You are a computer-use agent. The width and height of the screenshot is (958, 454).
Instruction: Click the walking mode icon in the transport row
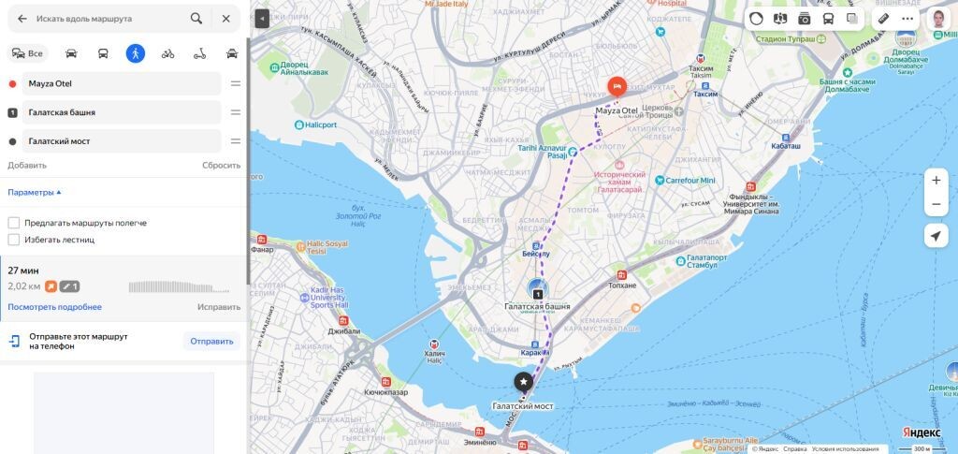[136, 53]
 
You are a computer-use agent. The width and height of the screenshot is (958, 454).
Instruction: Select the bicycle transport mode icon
[167, 53]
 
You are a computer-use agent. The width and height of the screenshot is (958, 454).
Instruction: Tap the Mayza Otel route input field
[122, 83]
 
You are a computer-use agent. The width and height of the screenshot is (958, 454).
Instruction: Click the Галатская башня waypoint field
[122, 112]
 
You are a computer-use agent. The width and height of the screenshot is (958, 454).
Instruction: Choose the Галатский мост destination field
[122, 141]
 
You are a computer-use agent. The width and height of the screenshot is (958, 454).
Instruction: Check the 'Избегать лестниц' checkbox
[14, 240]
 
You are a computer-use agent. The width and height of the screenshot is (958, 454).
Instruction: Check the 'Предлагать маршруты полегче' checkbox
[14, 223]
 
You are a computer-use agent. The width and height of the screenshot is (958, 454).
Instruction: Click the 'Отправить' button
[211, 341]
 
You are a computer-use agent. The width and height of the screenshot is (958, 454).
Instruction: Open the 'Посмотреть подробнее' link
[54, 307]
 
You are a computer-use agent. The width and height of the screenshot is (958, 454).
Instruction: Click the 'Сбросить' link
[221, 165]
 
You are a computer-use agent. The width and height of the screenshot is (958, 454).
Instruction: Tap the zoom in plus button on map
[936, 180]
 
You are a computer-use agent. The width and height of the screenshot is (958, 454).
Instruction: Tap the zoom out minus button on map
[936, 204]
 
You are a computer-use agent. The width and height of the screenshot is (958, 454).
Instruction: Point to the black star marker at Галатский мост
[523, 382]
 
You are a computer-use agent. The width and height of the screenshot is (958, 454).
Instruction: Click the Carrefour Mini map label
[689, 180]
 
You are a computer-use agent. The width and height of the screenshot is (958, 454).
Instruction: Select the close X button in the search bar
[225, 18]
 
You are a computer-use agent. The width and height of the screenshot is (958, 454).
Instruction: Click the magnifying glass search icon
[196, 18]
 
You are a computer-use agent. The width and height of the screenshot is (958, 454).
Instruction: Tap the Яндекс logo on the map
[921, 432]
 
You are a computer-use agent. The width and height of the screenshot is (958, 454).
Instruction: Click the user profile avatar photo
[937, 18]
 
